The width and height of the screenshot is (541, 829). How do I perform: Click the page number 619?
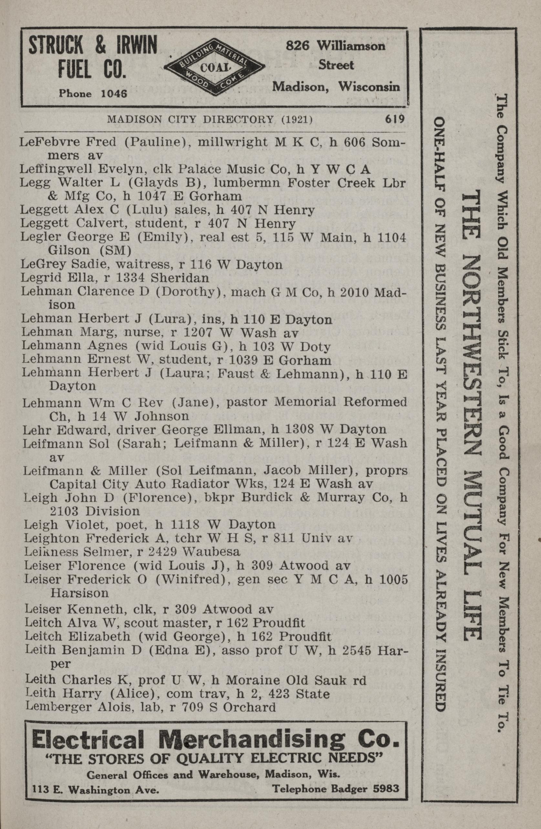tap(394, 119)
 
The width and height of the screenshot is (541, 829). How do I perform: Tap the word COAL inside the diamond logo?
tap(214, 68)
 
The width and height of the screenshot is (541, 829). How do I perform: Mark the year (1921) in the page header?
tap(296, 120)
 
